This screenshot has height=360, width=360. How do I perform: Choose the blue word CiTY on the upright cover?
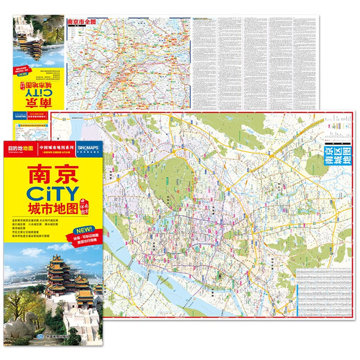pos(57,196)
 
